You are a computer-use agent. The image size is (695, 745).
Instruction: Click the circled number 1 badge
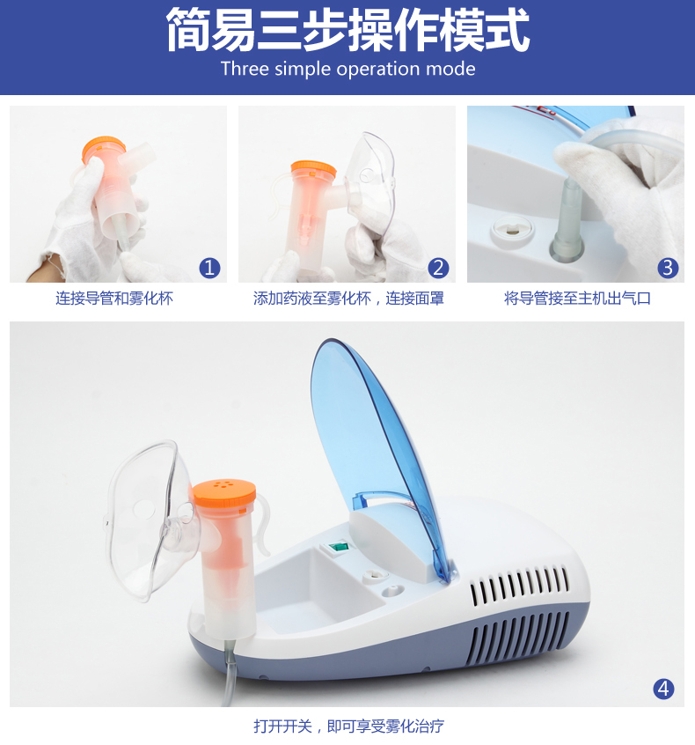pyautogui.click(x=209, y=268)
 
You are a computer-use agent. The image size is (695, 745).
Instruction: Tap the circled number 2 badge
pyautogui.click(x=438, y=268)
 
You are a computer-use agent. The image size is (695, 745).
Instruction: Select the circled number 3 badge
pyautogui.click(x=668, y=268)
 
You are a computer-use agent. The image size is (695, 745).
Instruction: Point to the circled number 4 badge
pyautogui.click(x=663, y=689)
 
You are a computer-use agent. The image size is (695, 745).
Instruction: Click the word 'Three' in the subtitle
pyautogui.click(x=245, y=69)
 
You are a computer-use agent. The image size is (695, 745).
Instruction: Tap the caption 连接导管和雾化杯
pyautogui.click(x=114, y=299)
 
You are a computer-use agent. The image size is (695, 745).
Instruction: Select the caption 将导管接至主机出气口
pyautogui.click(x=577, y=299)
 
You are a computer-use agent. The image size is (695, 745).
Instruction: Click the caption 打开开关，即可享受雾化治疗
pyautogui.click(x=349, y=726)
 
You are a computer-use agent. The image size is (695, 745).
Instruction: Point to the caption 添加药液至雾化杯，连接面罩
pyautogui.click(x=348, y=299)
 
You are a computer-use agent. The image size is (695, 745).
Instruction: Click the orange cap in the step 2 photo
pyautogui.click(x=313, y=170)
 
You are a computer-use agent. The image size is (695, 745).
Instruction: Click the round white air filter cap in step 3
pyautogui.click(x=512, y=231)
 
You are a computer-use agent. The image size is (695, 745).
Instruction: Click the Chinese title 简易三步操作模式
pyautogui.click(x=347, y=30)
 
